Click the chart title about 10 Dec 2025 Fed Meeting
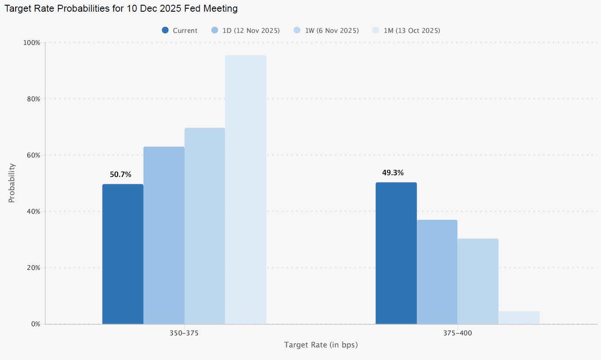tap(121, 8)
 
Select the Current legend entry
tap(180, 30)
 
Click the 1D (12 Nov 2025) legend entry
tap(246, 30)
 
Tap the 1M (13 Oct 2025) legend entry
tap(406, 30)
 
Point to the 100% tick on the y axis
tap(31, 43)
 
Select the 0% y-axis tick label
tap(35, 324)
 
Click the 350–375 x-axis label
tap(184, 334)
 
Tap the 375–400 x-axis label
tap(457, 334)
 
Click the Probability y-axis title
tap(12, 183)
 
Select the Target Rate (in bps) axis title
tap(321, 345)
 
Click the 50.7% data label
tap(121, 174)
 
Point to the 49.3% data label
tap(393, 173)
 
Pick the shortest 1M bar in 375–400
tap(519, 318)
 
